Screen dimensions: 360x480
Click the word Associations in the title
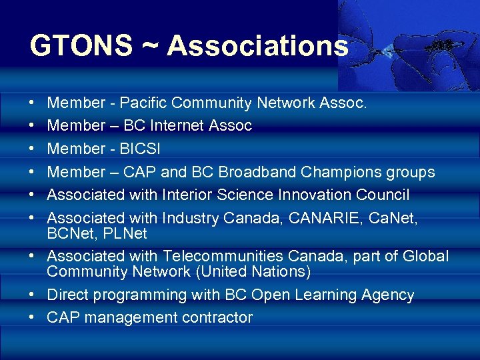tap(257, 47)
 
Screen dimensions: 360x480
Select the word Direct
tap(69, 295)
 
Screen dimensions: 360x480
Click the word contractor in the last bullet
tap(217, 318)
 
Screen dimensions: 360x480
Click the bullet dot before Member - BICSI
tap(33, 149)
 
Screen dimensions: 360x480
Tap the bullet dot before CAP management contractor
tap(33, 318)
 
